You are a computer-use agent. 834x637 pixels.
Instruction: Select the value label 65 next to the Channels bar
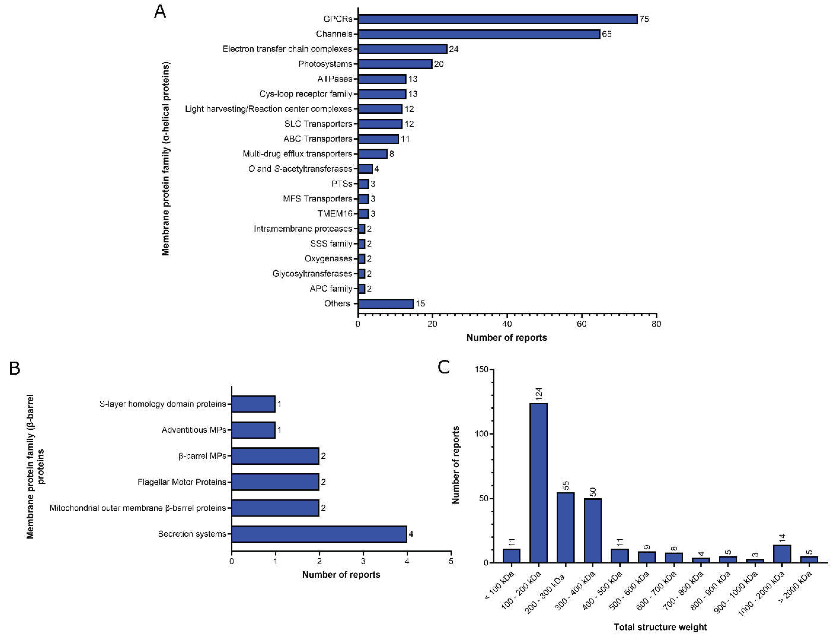point(607,34)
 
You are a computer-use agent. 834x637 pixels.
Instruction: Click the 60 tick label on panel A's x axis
point(582,324)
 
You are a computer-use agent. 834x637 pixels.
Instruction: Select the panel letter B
point(14,368)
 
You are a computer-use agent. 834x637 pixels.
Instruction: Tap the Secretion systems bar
point(319,534)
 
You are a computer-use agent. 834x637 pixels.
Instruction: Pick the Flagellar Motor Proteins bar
point(275,482)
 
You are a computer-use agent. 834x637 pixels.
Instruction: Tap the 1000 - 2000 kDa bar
point(782,554)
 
